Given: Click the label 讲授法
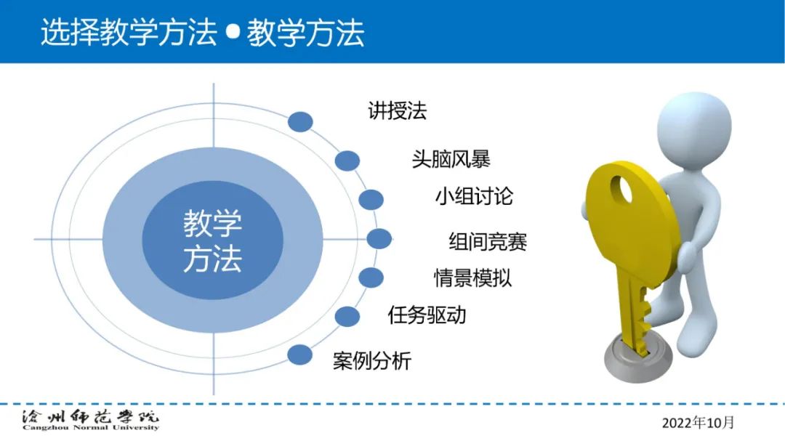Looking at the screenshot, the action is point(397,110).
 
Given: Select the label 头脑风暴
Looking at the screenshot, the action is point(451,159).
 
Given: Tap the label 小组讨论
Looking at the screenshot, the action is point(474,195).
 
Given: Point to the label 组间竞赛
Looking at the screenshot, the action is point(488,241).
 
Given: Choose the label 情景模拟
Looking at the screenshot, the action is point(472,278).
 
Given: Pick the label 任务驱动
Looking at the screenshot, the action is point(427,315).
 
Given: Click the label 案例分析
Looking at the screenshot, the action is point(372,360).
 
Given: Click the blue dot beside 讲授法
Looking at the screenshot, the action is point(300,121).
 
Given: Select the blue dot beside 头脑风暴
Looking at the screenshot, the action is point(347,161).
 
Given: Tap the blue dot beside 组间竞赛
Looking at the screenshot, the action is point(379,239).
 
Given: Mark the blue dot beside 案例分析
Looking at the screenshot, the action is point(300,355).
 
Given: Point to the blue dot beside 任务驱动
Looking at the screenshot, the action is point(347,316).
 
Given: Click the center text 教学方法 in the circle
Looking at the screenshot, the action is point(212,240).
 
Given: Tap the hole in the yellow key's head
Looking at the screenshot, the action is point(622,189).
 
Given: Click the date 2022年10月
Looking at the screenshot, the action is point(698,423).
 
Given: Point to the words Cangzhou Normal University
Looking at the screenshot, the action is point(91,427).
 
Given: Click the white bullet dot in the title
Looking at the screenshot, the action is point(233,33).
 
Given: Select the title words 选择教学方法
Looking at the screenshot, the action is point(129,33).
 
